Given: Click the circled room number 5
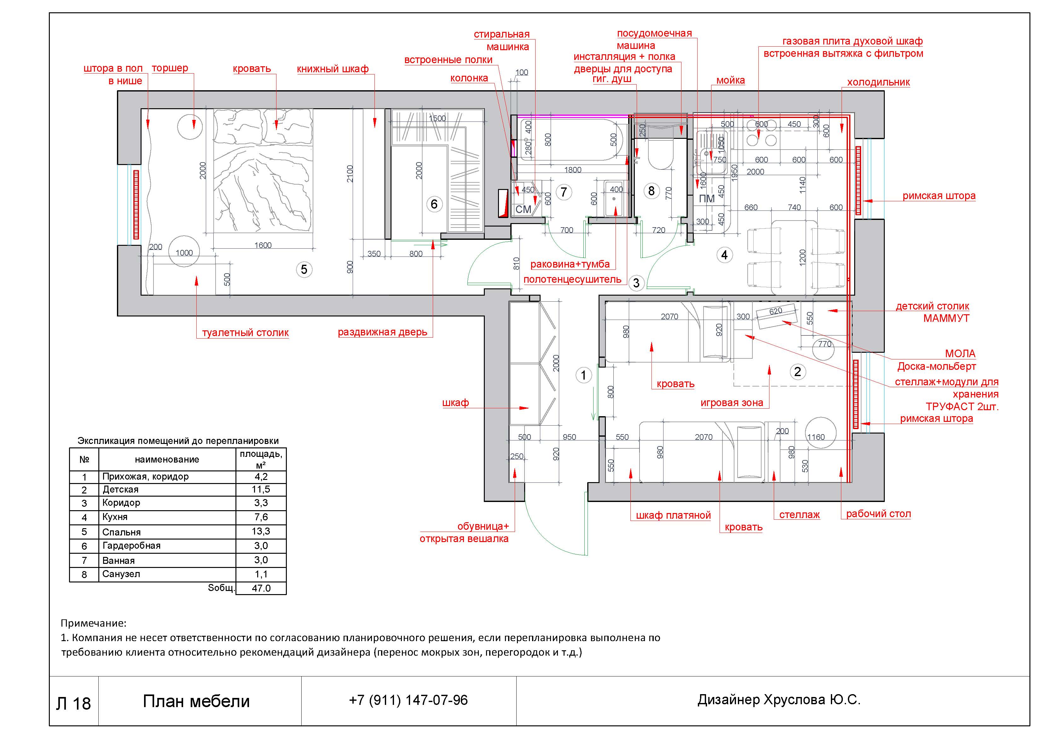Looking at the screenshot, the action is pos(304,270).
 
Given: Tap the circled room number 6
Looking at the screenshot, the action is pos(434,204).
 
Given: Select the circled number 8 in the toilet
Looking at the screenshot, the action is pos(652,191).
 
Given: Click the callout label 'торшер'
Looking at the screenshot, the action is pos(170,68).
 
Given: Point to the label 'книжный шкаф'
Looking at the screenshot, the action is pos(333,69).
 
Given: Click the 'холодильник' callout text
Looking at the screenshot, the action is pos(878,82).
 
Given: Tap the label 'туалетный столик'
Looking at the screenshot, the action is pos(245,333).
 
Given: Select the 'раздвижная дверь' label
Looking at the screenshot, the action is pos(382,332).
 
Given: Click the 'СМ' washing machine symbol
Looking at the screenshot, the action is pos(523,209).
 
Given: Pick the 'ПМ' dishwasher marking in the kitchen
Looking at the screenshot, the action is pos(707,199).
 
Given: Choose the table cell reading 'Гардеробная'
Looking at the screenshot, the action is pos(131,546).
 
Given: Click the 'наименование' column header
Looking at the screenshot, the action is pos(167,459).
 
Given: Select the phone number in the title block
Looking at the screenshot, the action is pos(409,700).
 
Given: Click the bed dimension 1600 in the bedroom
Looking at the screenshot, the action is pos(263,245).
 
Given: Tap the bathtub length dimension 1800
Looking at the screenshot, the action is pos(573,170).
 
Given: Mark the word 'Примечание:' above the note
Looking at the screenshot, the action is pos(94,623).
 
